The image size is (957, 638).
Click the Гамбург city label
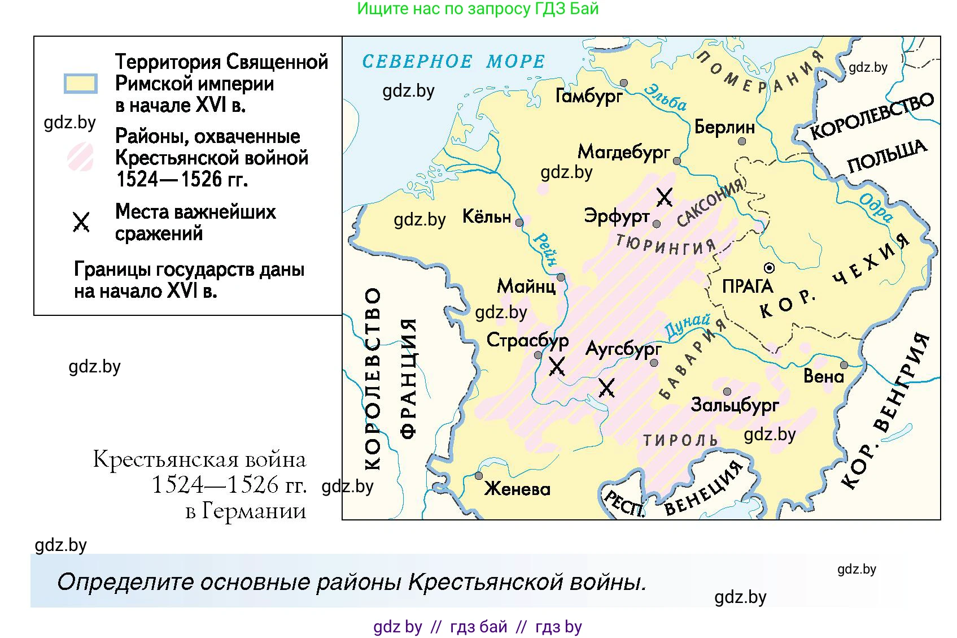click(x=589, y=96)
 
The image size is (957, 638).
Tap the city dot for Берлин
click(x=742, y=141)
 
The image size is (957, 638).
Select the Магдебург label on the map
click(x=623, y=151)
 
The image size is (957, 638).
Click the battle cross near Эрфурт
click(x=665, y=197)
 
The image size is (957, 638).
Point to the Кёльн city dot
click(x=519, y=223)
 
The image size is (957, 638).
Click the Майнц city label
click(x=526, y=286)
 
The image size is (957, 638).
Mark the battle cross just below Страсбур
click(x=557, y=367)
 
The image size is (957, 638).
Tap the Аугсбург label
click(x=623, y=349)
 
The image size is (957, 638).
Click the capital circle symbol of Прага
click(x=769, y=268)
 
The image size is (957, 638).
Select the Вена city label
click(x=823, y=376)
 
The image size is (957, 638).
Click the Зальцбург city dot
click(x=727, y=392)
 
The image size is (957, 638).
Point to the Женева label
click(x=517, y=489)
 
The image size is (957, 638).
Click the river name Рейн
click(x=545, y=249)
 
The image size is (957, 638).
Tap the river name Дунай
click(x=687, y=327)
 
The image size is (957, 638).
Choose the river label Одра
click(x=876, y=208)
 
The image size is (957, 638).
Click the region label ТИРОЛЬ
click(x=680, y=440)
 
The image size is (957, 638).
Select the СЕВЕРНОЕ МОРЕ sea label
click(x=453, y=61)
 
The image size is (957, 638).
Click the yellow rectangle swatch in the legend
click(x=81, y=84)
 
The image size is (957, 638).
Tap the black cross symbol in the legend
click(x=81, y=222)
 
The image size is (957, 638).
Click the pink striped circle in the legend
click(x=81, y=157)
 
